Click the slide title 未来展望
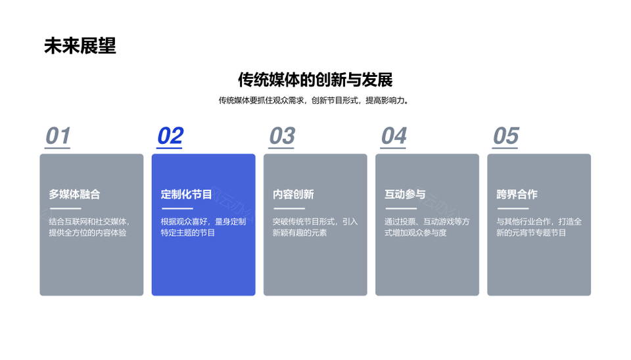(x=80, y=46)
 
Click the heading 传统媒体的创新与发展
(x=315, y=79)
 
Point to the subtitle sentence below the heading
(x=314, y=100)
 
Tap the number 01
(x=58, y=135)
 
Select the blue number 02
(x=170, y=135)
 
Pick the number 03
(x=282, y=135)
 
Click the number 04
(x=394, y=135)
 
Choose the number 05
(x=506, y=135)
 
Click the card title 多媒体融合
(x=74, y=194)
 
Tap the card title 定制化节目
(x=186, y=194)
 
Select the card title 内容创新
(x=293, y=194)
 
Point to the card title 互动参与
(x=405, y=194)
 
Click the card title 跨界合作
(x=517, y=194)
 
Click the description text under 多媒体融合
(x=89, y=227)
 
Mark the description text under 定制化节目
(x=203, y=227)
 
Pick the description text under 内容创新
(x=315, y=227)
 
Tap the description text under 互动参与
(x=427, y=227)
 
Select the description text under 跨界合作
(x=539, y=227)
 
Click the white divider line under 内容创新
(x=289, y=208)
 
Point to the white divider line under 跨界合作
(x=513, y=208)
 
